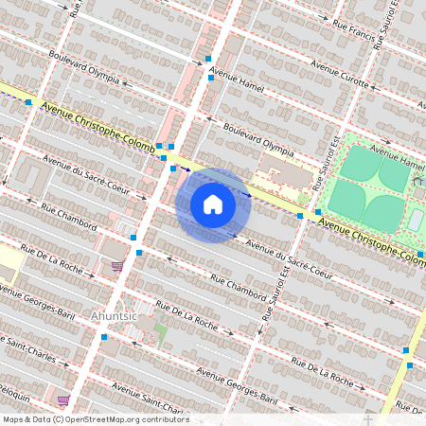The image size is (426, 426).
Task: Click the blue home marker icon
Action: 213,204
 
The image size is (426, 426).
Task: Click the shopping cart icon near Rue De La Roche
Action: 117,266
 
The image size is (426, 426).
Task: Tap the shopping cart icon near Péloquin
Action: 62,400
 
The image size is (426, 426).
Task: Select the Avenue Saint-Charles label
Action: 146,397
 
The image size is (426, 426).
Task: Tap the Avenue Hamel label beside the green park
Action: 398,157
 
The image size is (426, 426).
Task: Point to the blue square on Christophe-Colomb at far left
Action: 29,101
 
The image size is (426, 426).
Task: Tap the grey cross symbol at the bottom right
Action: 368,417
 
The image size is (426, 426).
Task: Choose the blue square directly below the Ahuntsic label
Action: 103,336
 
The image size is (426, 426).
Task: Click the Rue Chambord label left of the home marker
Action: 69,218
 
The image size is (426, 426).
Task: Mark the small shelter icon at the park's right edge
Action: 416,221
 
